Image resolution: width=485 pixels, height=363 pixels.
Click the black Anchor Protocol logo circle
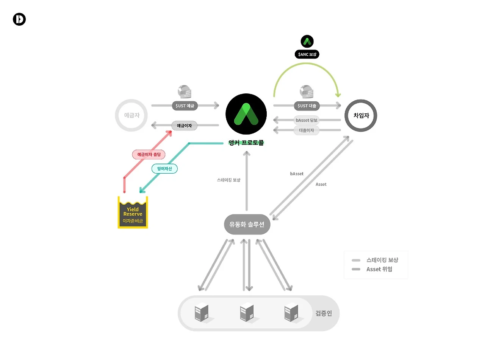246,114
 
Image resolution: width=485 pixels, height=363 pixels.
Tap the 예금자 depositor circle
131,115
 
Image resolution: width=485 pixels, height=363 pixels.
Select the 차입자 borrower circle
361,116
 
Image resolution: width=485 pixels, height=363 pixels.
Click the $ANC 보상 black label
307,54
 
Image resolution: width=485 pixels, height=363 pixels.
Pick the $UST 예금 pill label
185,106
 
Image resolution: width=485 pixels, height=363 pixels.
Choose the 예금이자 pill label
184,126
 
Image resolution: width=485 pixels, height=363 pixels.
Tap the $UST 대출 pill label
307,106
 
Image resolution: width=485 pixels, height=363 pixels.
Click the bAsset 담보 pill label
307,120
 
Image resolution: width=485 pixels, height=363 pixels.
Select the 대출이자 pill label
307,130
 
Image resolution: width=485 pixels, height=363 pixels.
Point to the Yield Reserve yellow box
133,213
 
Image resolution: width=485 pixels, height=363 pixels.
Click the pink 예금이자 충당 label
149,154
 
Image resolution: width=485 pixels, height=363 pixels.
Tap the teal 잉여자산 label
164,169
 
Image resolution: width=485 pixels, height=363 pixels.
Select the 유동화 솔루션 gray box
247,224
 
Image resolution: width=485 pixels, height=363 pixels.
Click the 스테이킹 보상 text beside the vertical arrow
228,180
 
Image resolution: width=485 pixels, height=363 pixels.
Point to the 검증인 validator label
324,313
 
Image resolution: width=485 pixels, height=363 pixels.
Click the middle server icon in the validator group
247,312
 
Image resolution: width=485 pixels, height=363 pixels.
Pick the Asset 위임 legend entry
379,269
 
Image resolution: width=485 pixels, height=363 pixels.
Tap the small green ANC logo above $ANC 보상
307,41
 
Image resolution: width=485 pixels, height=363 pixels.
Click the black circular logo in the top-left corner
19,19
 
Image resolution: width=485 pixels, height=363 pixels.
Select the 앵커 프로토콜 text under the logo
246,143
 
